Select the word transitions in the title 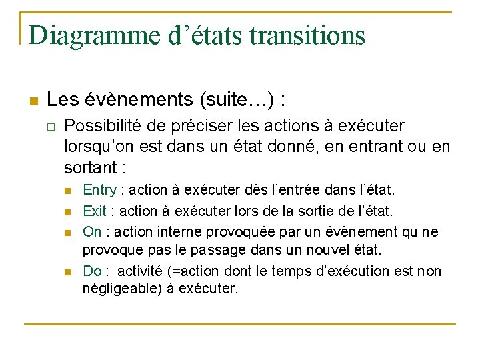coord(307,35)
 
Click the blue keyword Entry coord(99,191)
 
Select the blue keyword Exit coord(95,211)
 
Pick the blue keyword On coord(93,231)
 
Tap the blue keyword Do coord(92,271)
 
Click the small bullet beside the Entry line coord(67,192)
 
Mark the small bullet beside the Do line coord(67,272)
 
